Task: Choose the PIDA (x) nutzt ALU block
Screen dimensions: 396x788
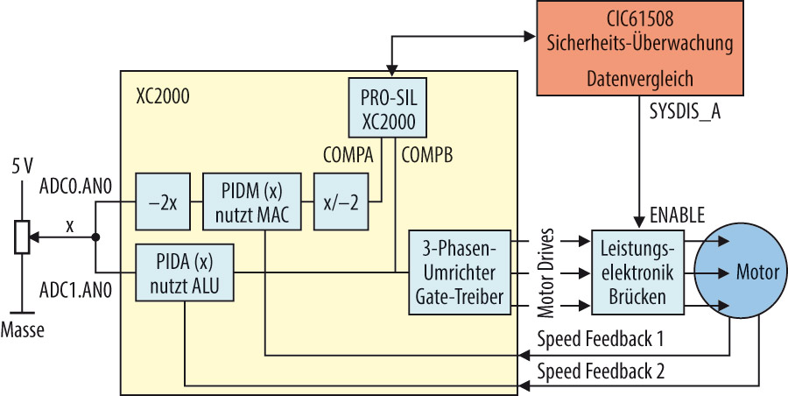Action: click(x=185, y=274)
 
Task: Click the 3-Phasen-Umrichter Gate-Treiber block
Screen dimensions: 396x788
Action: click(x=459, y=272)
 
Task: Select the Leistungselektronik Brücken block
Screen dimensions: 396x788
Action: click(x=637, y=272)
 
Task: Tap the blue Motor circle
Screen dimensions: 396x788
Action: click(x=738, y=272)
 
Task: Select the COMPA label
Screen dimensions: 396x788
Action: click(x=348, y=154)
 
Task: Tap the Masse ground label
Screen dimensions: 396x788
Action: click(x=24, y=330)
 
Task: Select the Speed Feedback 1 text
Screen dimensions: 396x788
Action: click(x=602, y=338)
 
